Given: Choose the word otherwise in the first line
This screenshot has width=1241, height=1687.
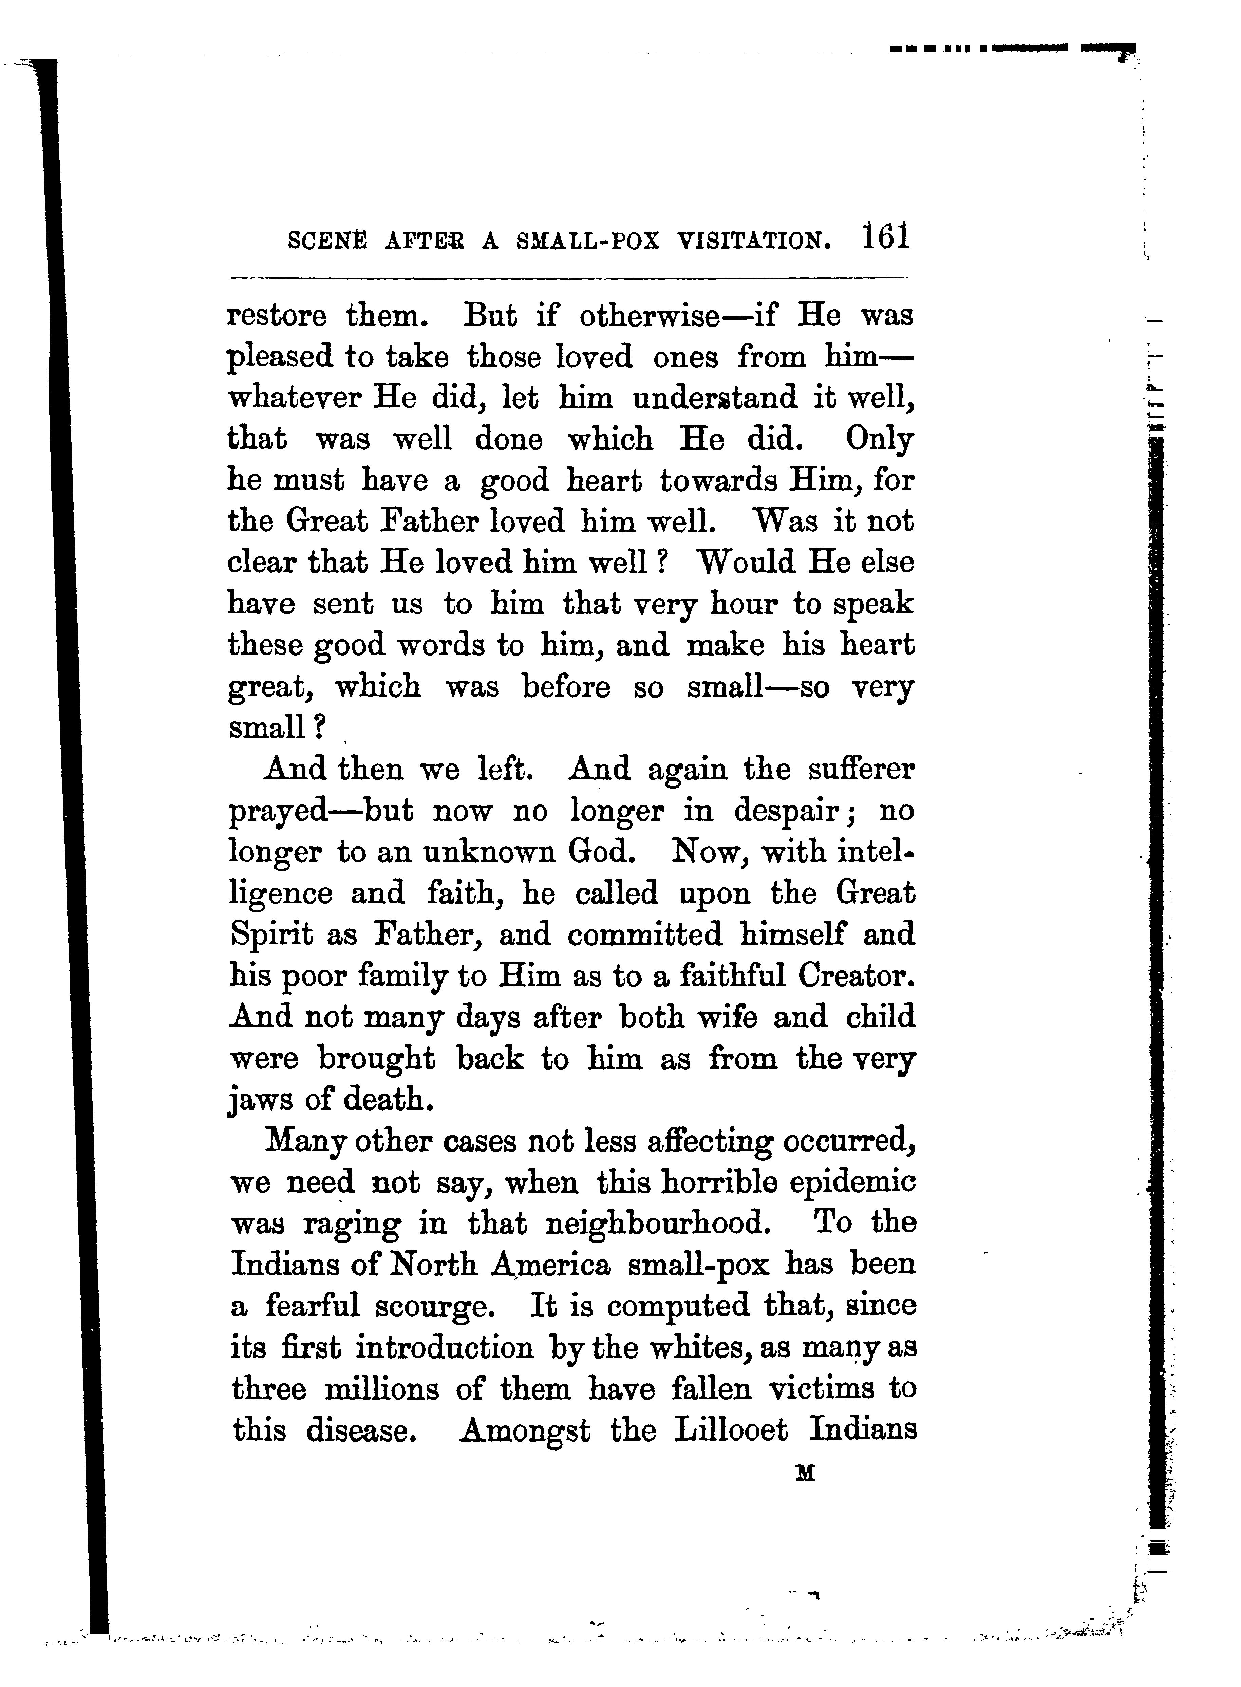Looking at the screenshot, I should (649, 316).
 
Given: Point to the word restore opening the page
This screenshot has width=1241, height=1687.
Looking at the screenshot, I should (277, 316).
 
